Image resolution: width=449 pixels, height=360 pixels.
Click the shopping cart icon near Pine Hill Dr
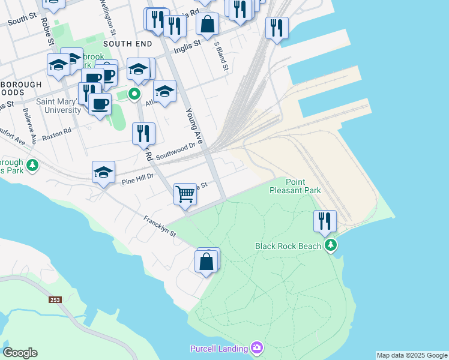pos(185,194)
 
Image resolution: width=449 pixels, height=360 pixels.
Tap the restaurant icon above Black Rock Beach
pos(325,221)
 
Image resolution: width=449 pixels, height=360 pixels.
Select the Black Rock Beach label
pos(288,246)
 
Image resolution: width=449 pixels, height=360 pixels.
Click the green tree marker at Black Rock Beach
pos(330,245)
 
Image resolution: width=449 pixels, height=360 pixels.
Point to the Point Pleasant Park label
pos(303,186)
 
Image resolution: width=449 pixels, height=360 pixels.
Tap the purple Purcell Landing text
pos(218,349)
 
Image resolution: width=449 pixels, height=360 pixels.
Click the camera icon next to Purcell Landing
pos(257,348)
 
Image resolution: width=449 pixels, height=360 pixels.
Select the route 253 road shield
pos(55,298)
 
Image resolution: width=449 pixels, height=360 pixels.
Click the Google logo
pos(20,353)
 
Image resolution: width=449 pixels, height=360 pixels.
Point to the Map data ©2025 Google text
pos(412,355)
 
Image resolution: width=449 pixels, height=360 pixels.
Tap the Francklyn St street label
pos(159,226)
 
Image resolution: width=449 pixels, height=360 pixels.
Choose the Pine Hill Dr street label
pos(138,177)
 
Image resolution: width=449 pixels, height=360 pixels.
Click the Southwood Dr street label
pos(176,151)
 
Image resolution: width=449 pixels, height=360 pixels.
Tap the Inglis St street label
pos(186,47)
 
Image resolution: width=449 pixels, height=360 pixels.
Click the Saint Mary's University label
pos(59,106)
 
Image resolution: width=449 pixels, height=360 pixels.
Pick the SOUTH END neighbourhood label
pos(125,44)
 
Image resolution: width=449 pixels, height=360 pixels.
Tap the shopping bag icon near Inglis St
pos(207,25)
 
